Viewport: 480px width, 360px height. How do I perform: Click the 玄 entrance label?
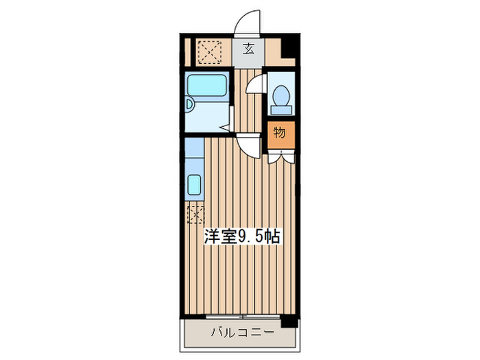click(249, 49)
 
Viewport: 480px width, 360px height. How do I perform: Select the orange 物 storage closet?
click(279, 133)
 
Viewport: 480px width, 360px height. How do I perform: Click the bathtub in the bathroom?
click(208, 87)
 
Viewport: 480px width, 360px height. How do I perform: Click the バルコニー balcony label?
click(241, 334)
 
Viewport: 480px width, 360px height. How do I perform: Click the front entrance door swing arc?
click(248, 23)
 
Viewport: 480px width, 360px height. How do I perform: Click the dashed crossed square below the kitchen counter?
click(195, 214)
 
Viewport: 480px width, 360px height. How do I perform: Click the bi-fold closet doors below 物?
click(279, 155)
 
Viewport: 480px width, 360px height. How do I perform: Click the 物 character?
click(279, 133)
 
